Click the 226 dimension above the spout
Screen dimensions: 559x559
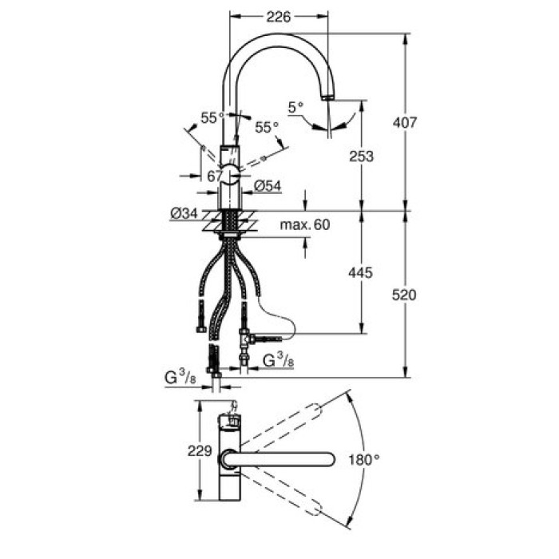(x=278, y=16)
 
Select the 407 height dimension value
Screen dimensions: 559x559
(x=406, y=122)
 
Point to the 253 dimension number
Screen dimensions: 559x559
(x=362, y=156)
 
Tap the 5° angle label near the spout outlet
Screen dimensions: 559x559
(x=297, y=105)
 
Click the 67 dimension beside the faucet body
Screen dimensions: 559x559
(x=213, y=176)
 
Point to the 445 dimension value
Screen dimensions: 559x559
(x=361, y=273)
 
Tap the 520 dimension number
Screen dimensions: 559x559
(x=406, y=295)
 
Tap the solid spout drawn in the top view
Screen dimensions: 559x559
(x=287, y=460)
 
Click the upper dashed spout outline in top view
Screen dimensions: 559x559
(x=283, y=424)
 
